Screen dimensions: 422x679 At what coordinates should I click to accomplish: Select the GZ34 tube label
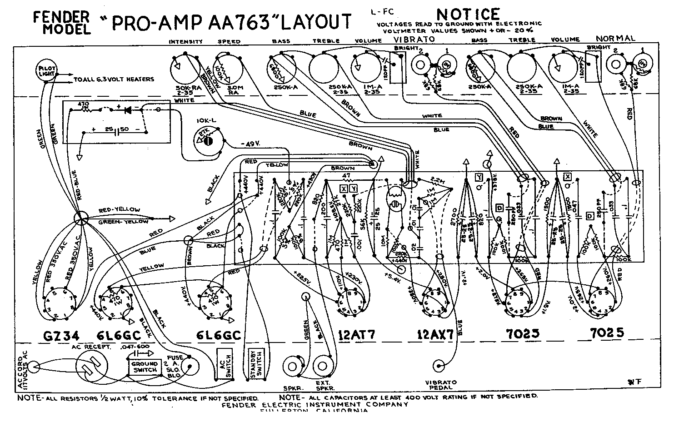point(61,335)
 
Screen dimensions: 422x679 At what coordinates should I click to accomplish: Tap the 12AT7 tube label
point(357,335)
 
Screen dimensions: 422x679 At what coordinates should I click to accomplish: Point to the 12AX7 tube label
point(435,335)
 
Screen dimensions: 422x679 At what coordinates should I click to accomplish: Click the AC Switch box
point(225,365)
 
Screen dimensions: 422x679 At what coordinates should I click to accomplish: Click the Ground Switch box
point(144,367)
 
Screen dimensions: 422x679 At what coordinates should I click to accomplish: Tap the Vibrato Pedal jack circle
point(440,365)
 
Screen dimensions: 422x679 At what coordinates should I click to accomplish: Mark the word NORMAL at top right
point(615,38)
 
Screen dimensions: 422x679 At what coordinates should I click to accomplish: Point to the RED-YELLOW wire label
point(120,209)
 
